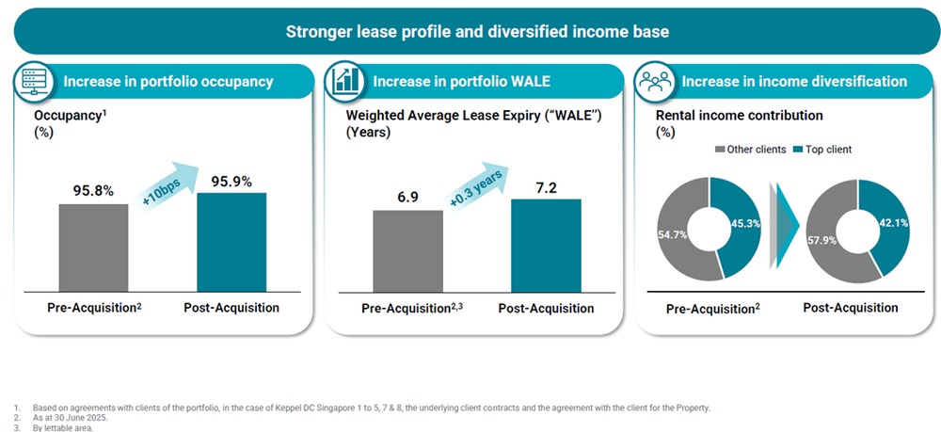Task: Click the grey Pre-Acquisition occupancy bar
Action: click(x=93, y=248)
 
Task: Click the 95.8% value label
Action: click(x=93, y=190)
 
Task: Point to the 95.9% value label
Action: click(x=231, y=181)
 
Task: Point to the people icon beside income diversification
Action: click(x=651, y=81)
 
